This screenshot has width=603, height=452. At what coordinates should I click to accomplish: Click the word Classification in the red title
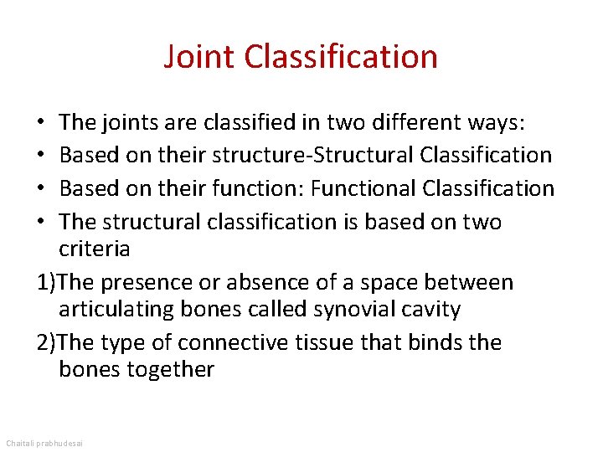[x=341, y=57]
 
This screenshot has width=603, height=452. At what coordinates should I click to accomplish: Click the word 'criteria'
[x=95, y=249]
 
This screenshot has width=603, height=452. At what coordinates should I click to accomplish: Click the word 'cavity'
[x=431, y=310]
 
